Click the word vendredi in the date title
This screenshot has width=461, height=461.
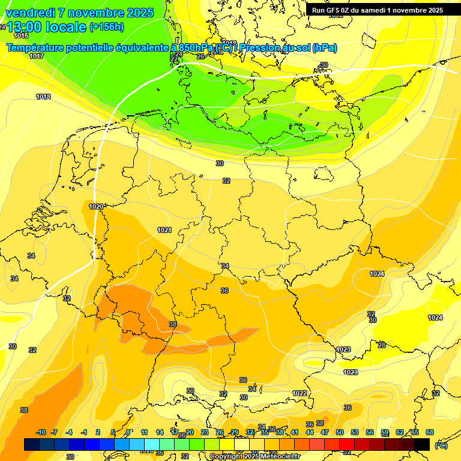(29, 13)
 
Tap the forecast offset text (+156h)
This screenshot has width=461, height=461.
(106, 27)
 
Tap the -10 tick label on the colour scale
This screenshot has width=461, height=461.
(41, 432)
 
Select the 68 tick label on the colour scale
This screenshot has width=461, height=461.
(430, 432)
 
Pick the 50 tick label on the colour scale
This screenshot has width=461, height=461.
(340, 432)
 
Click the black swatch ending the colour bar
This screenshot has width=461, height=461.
(422, 444)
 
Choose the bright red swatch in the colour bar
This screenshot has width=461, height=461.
(347, 444)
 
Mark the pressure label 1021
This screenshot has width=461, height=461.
(164, 230)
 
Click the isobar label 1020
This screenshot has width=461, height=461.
(96, 206)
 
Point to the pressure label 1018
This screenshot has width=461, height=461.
(43, 97)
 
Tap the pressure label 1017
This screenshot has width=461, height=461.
(37, 56)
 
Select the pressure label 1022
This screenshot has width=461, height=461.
(300, 393)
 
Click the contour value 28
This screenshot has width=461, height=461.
(381, 345)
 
